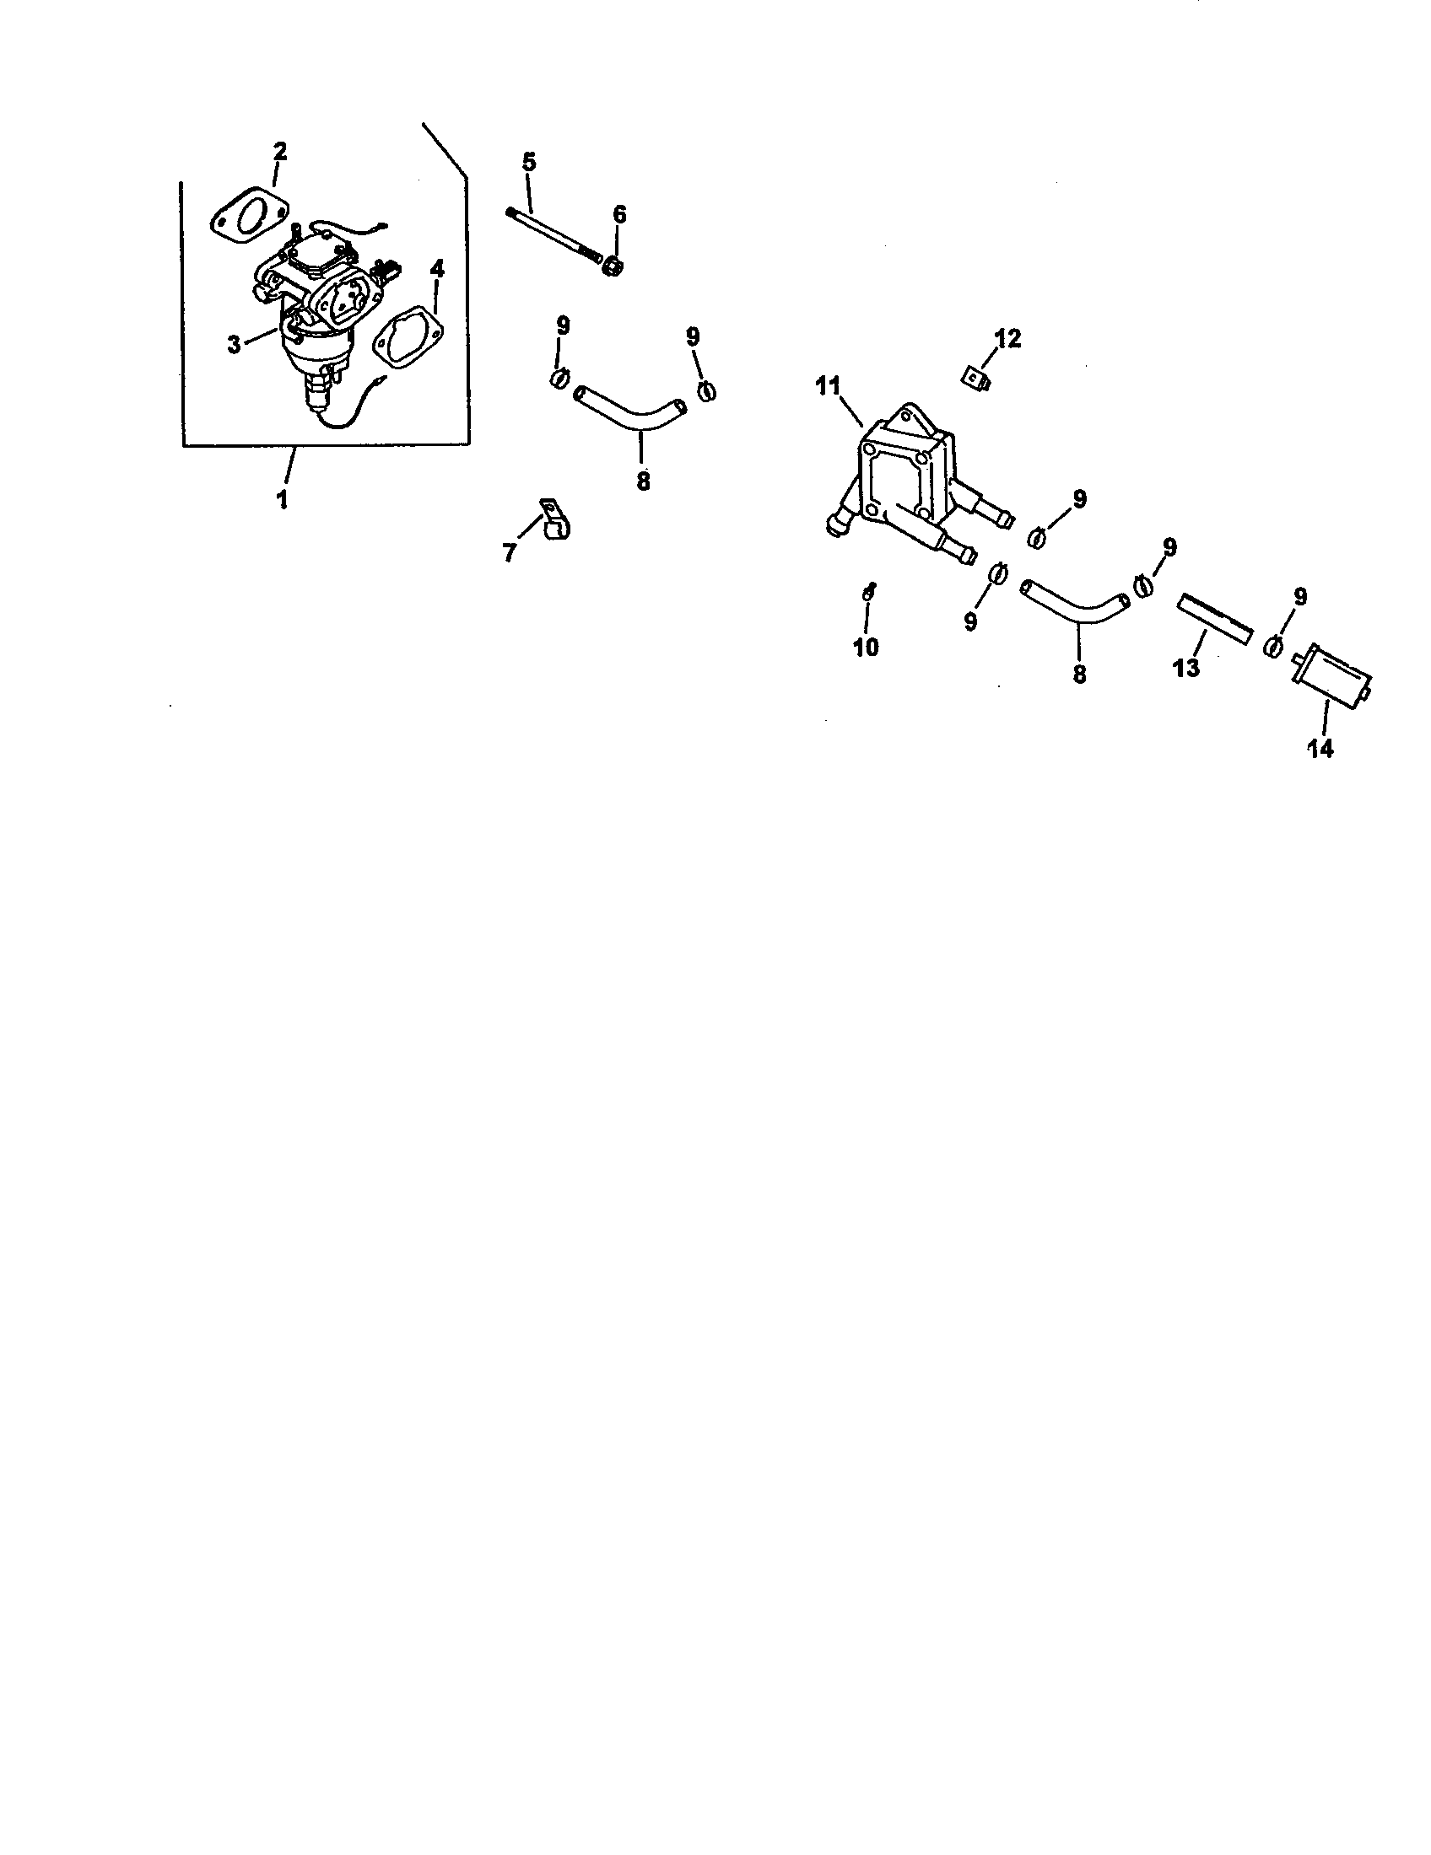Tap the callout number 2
279,152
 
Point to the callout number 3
235,345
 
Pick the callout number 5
529,162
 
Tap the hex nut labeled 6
613,266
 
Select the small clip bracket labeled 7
553,523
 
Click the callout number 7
510,554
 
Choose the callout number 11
829,387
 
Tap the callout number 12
1007,339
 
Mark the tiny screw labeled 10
868,593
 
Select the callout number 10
866,648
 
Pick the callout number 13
1186,669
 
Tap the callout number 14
1321,749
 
